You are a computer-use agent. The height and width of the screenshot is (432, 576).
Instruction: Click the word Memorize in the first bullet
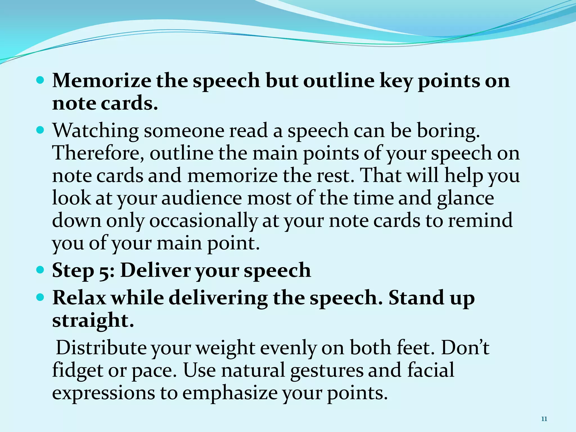click(102, 81)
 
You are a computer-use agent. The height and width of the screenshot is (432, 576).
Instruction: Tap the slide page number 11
click(544, 419)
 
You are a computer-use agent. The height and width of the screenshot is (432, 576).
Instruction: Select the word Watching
click(96, 131)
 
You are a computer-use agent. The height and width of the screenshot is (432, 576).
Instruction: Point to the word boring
click(448, 131)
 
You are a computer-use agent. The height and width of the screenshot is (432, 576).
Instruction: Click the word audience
click(201, 198)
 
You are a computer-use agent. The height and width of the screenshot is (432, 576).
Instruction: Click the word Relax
click(79, 298)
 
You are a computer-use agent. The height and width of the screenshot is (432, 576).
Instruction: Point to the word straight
click(93, 321)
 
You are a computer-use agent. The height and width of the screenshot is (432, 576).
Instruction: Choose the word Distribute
click(101, 348)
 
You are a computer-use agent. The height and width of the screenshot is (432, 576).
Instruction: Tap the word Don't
click(465, 348)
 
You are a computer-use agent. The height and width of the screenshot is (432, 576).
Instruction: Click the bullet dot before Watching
click(41, 130)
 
